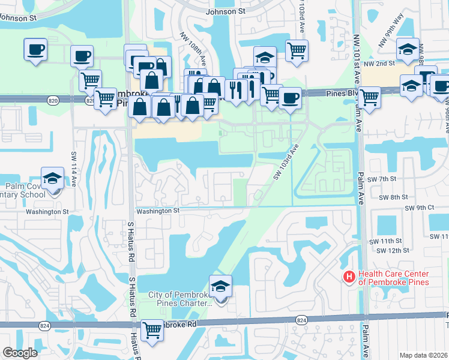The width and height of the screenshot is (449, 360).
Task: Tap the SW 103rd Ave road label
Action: [286, 161]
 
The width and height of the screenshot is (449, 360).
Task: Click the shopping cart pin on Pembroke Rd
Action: [152, 329]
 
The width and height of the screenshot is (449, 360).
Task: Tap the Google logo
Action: [20, 353]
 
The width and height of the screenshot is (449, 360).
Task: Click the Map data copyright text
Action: [424, 355]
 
